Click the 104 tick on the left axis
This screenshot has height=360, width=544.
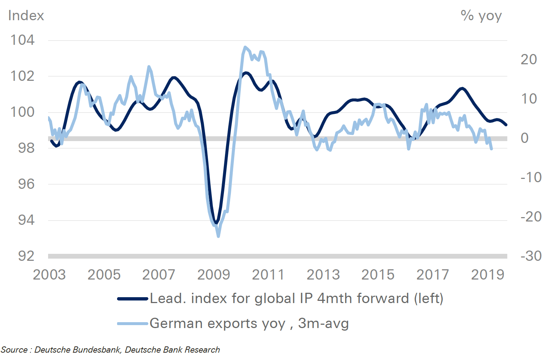(22, 40)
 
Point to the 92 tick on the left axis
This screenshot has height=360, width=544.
(26, 256)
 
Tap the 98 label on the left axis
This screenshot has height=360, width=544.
(26, 148)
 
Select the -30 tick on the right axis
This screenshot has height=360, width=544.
(531, 256)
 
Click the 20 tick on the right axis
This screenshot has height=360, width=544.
(529, 60)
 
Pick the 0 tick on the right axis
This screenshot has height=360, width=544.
(525, 138)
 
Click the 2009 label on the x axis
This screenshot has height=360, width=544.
(214, 275)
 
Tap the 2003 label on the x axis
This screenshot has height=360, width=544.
(49, 275)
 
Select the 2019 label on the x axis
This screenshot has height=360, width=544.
(487, 275)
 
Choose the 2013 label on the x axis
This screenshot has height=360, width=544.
(323, 275)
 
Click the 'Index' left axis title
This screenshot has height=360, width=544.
(26, 16)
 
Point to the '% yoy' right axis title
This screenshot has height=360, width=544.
(481, 16)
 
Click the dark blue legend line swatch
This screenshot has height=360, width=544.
(133, 299)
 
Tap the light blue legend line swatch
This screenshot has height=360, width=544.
(133, 324)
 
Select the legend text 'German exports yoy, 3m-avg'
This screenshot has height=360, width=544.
(249, 324)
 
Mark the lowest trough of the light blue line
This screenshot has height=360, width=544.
(218, 236)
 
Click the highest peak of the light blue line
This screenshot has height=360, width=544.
(245, 47)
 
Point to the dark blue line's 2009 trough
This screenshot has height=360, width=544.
(216, 223)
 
